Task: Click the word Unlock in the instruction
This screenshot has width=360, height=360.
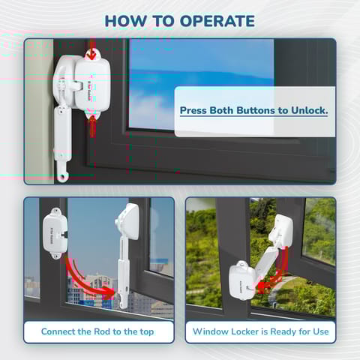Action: click(307, 111)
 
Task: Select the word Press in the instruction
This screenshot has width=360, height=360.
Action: click(195, 111)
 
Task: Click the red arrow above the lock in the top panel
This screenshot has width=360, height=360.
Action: click(91, 52)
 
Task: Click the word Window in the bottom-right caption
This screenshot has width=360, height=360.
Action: click(212, 331)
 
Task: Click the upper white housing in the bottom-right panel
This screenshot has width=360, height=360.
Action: click(281, 229)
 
